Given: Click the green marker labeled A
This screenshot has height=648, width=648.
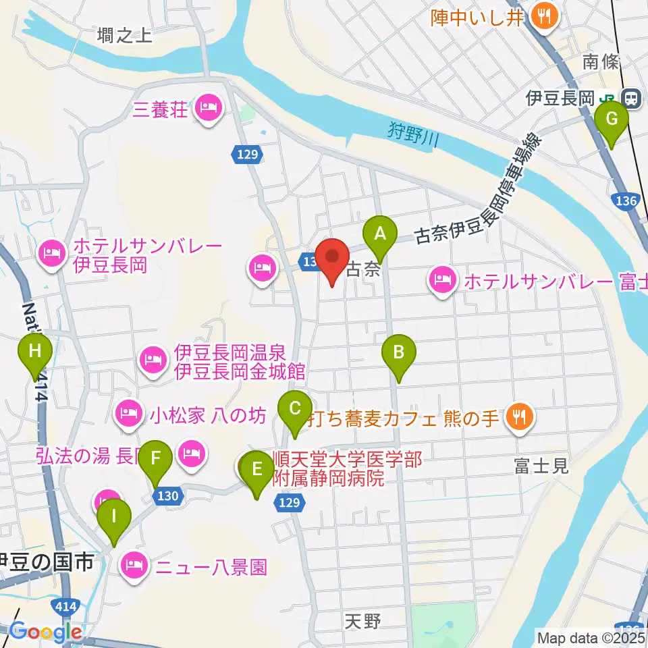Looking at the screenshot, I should pos(379,234).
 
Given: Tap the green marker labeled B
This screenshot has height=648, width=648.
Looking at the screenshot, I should pos(399,352).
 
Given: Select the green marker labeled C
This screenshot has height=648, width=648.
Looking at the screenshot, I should pos(295,408).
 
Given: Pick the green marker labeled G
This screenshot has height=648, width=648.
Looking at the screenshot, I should pos(612,119).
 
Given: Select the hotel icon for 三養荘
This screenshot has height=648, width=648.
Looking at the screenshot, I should pos(208,107).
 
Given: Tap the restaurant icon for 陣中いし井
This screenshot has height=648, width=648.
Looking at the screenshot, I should pos(542,16).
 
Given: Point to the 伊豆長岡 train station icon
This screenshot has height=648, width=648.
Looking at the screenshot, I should pos(632,99).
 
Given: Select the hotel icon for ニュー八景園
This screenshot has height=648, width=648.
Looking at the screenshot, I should pos(133,565).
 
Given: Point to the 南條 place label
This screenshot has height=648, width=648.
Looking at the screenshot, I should pos(600,62).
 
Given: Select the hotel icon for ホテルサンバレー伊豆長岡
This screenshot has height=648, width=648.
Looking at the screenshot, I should pos(52,254).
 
